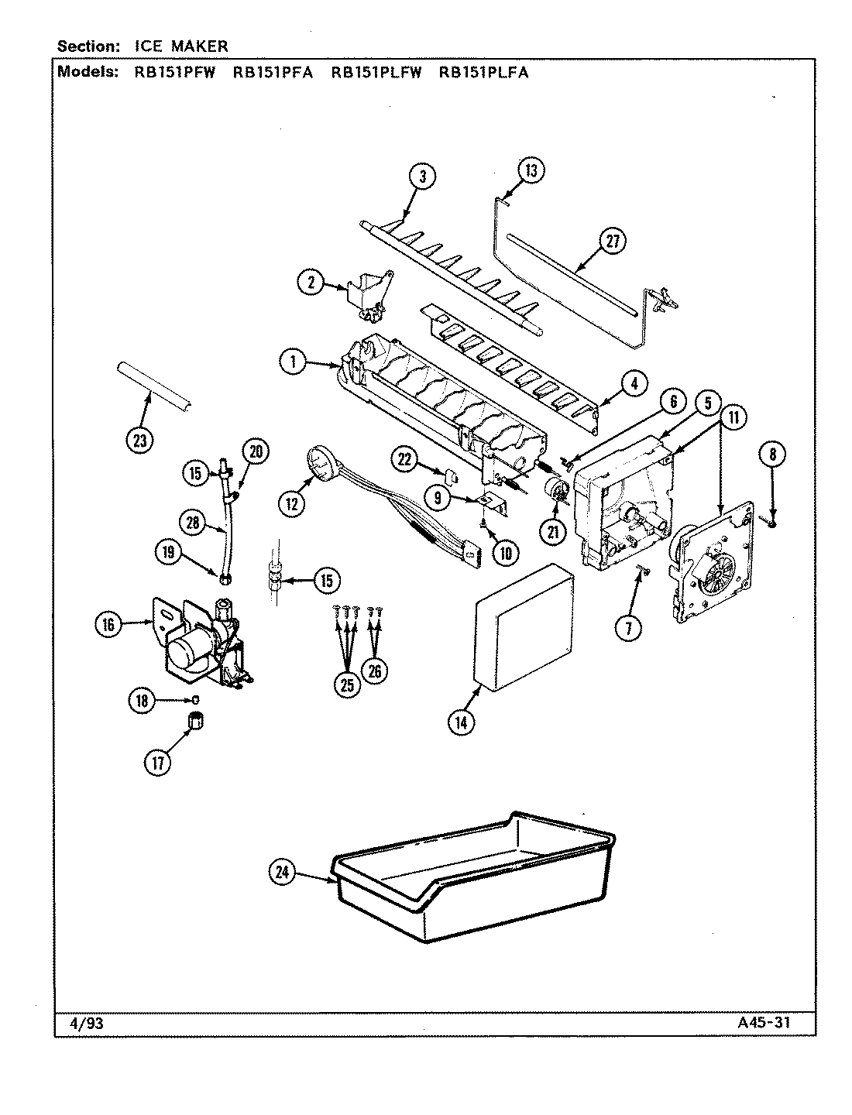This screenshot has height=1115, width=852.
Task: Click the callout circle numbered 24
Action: coord(283,873)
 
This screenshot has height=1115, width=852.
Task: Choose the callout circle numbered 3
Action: coord(422,177)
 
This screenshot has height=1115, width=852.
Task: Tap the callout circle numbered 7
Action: coord(628,629)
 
